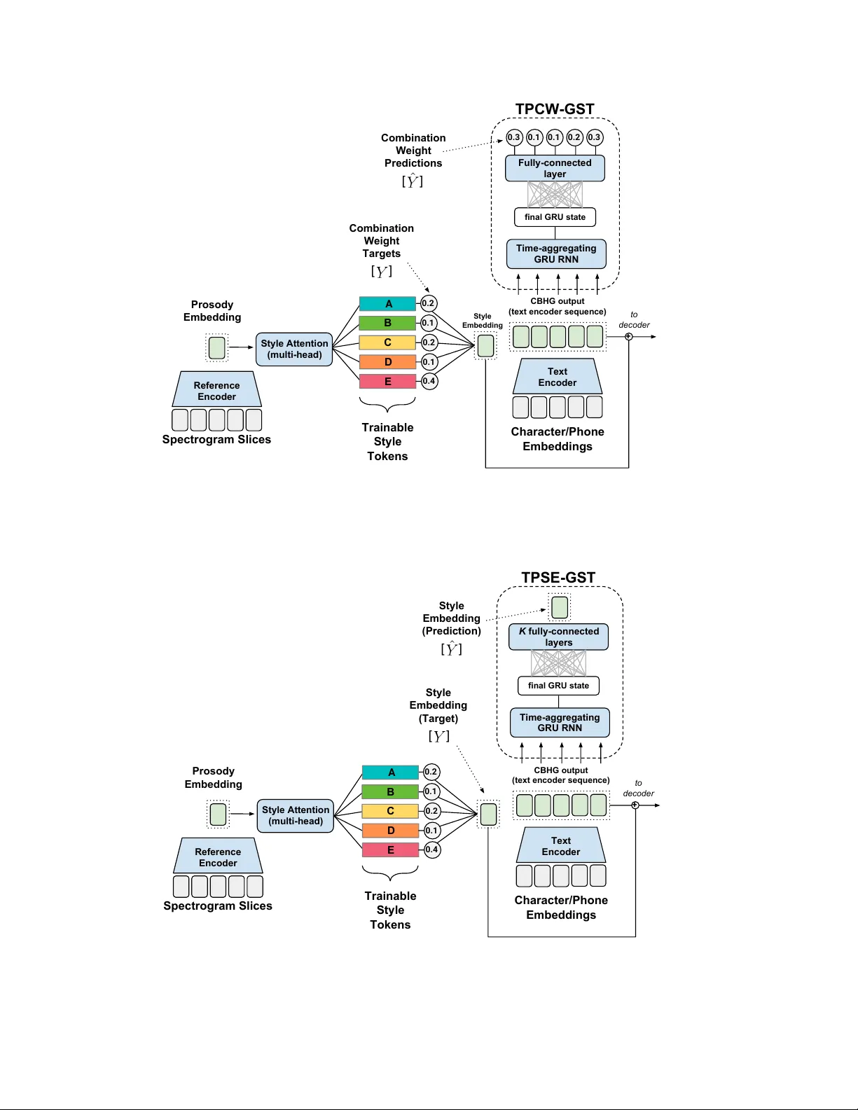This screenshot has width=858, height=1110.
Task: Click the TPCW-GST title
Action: [555, 109]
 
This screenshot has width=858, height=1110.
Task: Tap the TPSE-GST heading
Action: [558, 578]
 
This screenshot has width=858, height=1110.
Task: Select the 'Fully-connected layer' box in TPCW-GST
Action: [555, 168]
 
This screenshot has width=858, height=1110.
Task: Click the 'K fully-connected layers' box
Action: [558, 637]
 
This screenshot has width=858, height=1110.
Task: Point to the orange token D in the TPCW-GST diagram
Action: [387, 362]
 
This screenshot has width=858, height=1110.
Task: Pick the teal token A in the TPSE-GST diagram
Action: [390, 772]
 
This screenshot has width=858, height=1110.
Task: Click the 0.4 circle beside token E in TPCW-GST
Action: [429, 381]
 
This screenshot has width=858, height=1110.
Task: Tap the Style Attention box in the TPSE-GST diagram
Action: [296, 815]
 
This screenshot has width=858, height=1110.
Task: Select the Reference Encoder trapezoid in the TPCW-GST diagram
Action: [217, 390]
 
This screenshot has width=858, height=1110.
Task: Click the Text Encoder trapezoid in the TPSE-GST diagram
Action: [561, 846]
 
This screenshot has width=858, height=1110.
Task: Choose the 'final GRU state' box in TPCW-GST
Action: [555, 217]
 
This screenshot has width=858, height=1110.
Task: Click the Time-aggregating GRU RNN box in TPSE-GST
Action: [560, 723]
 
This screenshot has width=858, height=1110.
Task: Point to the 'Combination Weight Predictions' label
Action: [413, 151]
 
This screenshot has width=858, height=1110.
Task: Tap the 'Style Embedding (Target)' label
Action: [438, 705]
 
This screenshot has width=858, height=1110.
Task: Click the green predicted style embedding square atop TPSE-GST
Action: [560, 607]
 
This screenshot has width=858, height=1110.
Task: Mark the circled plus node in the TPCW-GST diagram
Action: [628, 337]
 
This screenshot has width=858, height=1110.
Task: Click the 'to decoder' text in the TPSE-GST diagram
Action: [638, 788]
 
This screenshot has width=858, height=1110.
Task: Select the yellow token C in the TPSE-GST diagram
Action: [390, 811]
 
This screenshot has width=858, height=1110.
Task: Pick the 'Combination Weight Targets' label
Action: [382, 241]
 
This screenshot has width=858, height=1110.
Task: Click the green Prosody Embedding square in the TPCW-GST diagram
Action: [217, 347]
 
